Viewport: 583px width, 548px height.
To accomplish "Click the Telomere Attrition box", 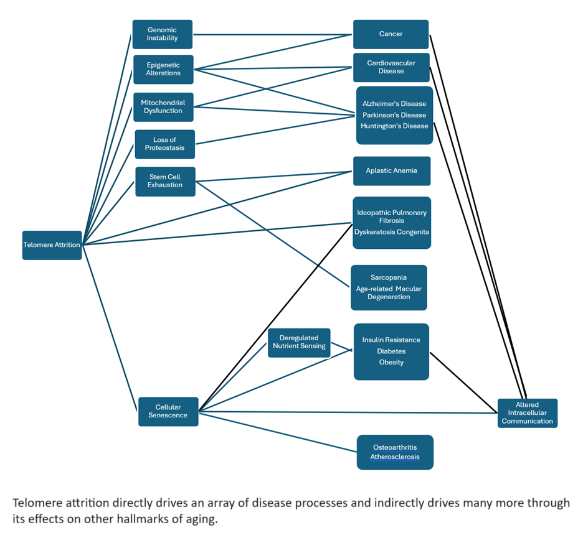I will (x=52, y=245).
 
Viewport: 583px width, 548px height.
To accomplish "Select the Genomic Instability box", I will (x=162, y=34).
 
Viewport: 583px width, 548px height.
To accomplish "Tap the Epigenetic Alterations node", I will (x=163, y=69).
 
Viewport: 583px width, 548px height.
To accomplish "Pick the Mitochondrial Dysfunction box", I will (x=163, y=107).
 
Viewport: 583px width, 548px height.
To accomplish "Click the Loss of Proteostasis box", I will (x=164, y=144).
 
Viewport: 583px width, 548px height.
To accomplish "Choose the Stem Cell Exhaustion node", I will (x=165, y=181).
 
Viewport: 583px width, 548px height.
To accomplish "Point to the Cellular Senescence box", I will (x=168, y=411).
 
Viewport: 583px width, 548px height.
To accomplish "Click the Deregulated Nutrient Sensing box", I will (x=299, y=342).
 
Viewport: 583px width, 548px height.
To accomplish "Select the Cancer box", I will (x=391, y=34).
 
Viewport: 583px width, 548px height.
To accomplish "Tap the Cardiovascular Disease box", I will (x=391, y=67).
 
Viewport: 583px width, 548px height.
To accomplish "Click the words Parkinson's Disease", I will (x=394, y=115).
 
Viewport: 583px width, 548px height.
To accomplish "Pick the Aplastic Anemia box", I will (x=391, y=170).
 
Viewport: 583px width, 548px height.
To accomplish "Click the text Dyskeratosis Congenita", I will (x=391, y=232).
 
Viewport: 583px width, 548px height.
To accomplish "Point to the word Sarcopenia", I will (x=388, y=277).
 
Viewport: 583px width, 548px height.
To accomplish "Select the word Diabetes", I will (x=391, y=351).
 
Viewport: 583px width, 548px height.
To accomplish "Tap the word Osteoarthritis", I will (x=395, y=447).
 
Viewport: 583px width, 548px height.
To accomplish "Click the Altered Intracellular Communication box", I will (x=527, y=413).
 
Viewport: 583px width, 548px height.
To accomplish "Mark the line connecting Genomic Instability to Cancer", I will (x=273, y=34).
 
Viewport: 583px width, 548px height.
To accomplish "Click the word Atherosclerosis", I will (x=395, y=457).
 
